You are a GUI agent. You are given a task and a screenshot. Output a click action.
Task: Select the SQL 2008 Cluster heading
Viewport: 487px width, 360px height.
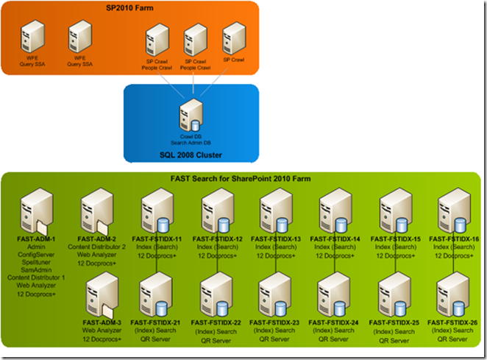coord(191,155)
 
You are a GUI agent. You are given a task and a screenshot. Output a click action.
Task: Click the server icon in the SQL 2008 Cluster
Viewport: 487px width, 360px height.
coord(190,115)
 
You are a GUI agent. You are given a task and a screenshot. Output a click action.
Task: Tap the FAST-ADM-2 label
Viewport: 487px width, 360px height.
coord(98,239)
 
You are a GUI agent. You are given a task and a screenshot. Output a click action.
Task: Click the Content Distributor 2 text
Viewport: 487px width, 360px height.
coord(98,247)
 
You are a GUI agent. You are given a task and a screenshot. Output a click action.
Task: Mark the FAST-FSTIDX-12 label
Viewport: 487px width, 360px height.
coord(218,239)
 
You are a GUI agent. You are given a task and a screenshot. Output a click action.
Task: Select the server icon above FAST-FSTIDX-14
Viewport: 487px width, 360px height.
coord(335,210)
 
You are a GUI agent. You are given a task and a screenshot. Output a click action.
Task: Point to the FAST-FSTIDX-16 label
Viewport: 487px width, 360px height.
coord(454,239)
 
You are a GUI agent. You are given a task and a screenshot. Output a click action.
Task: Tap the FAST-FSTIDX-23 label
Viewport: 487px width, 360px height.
coord(276,322)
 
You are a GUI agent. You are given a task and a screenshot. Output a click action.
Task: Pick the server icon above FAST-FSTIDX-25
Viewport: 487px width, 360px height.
coord(394,294)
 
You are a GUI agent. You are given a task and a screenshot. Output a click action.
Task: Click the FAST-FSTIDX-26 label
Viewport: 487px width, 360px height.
coord(454,322)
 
